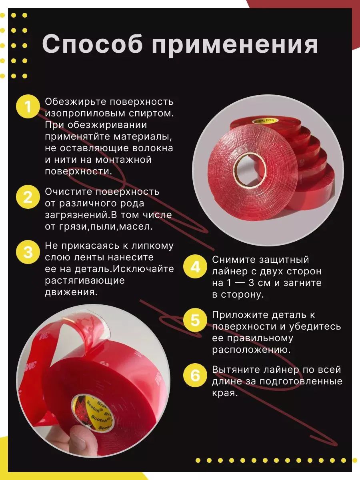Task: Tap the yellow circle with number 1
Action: click(x=28, y=107)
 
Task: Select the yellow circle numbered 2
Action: click(x=28, y=197)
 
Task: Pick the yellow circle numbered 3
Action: click(x=28, y=252)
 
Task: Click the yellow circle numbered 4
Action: click(x=195, y=266)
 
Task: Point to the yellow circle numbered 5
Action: click(x=195, y=320)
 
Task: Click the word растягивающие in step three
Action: click(x=85, y=280)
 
